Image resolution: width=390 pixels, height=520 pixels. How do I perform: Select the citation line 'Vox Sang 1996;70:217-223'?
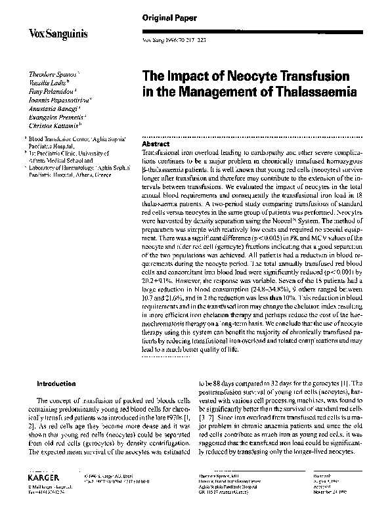coord(171,41)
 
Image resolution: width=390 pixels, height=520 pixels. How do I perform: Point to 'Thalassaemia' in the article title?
coord(314,93)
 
